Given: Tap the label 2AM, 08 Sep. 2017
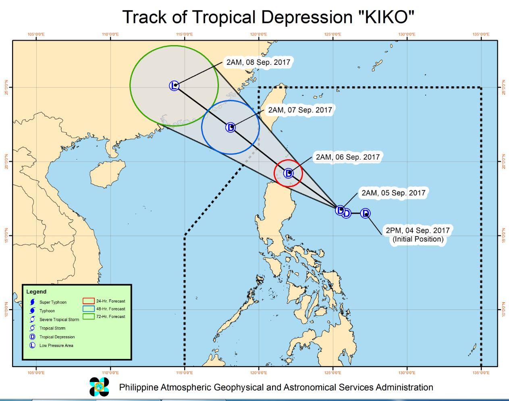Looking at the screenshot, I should (258, 62).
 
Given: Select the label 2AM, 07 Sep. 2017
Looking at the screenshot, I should (300, 110).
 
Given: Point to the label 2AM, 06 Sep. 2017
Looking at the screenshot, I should (347, 157).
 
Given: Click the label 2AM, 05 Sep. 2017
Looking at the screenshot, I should (393, 193).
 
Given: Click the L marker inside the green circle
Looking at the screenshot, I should (174, 85).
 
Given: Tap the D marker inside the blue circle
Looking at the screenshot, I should (231, 127).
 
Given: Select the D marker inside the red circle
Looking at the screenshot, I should (288, 173).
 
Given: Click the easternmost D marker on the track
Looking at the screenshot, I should (365, 213).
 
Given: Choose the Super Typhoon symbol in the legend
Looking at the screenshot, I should (32, 302).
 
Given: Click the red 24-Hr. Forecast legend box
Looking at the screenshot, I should (88, 301).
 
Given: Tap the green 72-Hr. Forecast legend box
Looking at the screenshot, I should (88, 316).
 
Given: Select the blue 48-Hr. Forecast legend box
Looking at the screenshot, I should (88, 309).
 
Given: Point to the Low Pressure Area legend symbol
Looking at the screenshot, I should (32, 345).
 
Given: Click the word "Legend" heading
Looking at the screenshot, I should (36, 292).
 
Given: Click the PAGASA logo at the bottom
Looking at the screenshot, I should (99, 387).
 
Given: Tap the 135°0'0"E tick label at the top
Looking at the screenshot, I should (481, 35).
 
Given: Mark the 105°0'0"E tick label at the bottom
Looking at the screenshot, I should (36, 373).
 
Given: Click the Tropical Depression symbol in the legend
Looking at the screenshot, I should (32, 337).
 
